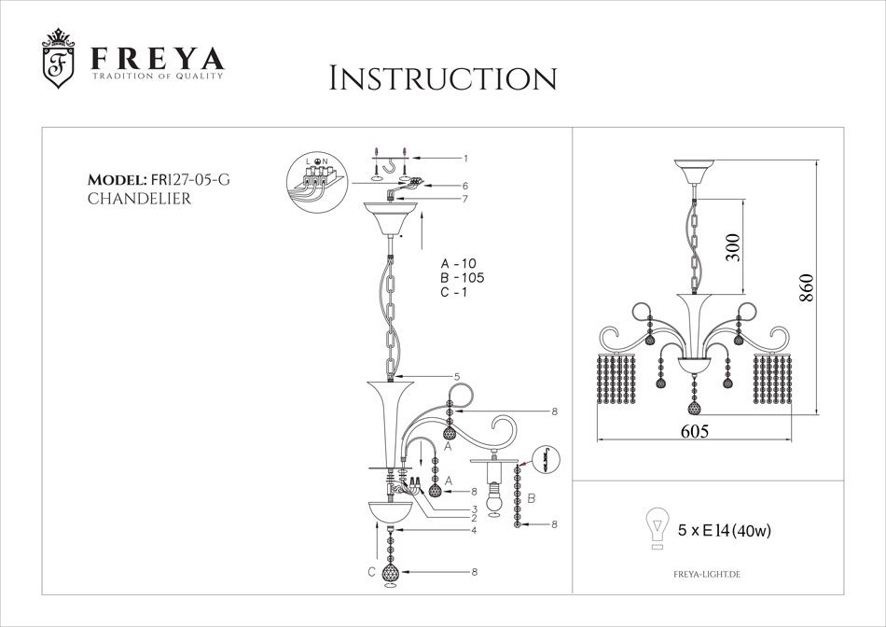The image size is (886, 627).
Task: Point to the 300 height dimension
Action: [734, 247]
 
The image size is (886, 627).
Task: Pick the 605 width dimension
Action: [693, 430]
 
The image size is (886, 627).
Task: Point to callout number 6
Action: [464, 186]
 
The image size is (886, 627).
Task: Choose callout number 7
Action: [464, 198]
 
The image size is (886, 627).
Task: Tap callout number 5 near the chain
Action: [457, 377]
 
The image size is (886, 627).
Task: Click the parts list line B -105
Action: [462, 278]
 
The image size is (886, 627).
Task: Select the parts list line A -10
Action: [458, 263]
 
